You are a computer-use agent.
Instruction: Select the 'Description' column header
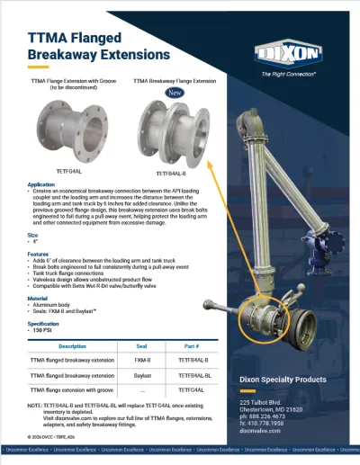73,345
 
